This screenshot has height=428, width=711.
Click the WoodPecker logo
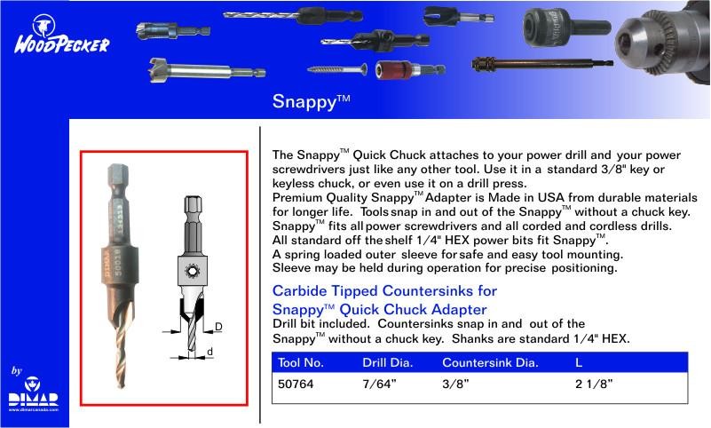[61, 35]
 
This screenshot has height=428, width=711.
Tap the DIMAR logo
[34, 393]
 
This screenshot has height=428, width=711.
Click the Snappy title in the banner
[311, 101]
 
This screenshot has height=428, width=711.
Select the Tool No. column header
[301, 362]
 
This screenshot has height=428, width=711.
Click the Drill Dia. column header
[388, 362]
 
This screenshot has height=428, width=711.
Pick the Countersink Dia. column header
[490, 362]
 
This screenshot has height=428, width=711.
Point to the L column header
[579, 362]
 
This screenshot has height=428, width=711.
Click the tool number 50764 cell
[296, 384]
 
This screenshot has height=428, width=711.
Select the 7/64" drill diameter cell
[379, 384]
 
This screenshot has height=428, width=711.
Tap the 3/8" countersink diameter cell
[455, 384]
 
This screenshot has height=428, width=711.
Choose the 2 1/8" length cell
[594, 384]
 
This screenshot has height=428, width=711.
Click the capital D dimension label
[218, 327]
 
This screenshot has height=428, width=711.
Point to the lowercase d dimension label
[210, 352]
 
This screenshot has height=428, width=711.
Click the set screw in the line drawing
[193, 271]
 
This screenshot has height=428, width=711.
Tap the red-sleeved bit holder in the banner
[410, 70]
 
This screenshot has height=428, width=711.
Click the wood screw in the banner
[337, 69]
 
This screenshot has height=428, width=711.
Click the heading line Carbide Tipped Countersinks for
[384, 290]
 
